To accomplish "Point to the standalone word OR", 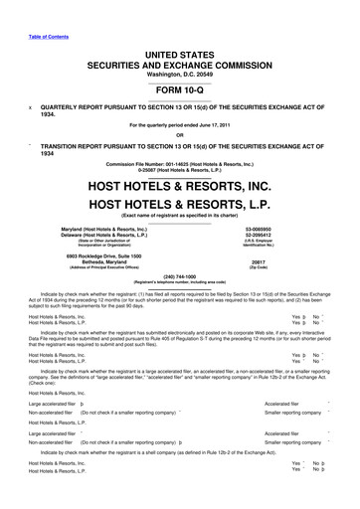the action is click(x=180, y=136).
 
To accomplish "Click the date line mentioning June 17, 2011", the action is click(x=180, y=126).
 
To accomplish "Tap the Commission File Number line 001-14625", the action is click(x=180, y=163).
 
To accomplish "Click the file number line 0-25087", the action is click(x=180, y=170).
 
